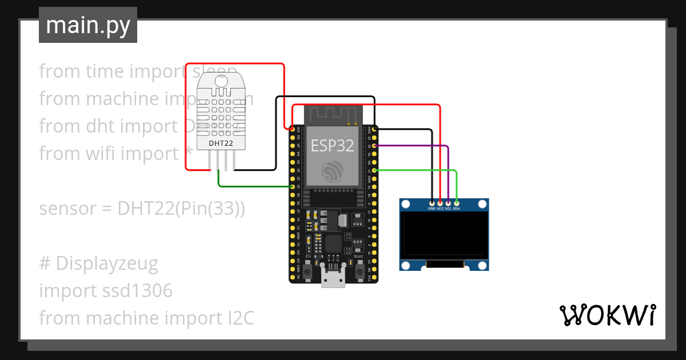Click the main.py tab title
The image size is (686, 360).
click(x=87, y=25)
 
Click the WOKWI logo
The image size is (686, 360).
click(x=607, y=315)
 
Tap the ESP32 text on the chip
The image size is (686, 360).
click(x=332, y=146)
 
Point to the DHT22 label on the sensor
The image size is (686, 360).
click(x=221, y=143)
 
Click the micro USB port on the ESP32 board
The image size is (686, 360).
click(x=333, y=280)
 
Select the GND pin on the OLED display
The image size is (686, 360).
click(x=432, y=203)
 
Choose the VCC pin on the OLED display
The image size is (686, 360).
click(x=440, y=203)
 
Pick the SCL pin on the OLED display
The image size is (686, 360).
click(x=448, y=203)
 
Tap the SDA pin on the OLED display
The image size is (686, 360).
click(x=456, y=203)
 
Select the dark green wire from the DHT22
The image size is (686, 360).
click(x=252, y=186)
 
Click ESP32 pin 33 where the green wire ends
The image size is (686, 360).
click(x=292, y=186)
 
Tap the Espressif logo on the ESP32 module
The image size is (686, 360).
click(x=332, y=171)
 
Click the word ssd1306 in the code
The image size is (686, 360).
click(x=138, y=291)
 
